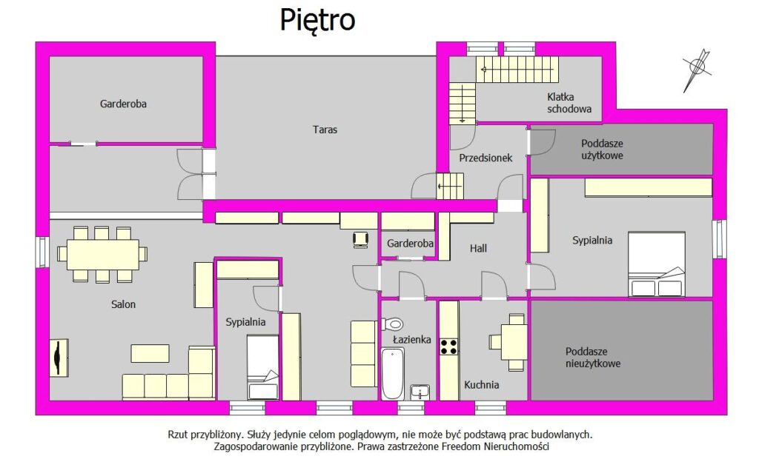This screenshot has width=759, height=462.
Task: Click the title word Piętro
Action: (x=317, y=21)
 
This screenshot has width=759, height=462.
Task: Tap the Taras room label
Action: (x=325, y=130)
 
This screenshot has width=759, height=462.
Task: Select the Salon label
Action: (x=124, y=304)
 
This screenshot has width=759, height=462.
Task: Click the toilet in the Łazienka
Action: (x=392, y=324)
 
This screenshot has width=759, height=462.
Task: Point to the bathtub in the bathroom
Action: (x=393, y=373)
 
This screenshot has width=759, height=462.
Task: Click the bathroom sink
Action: (x=420, y=392)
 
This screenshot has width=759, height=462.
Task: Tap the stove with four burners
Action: (x=448, y=347)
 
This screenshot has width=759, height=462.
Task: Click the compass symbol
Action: (x=697, y=70)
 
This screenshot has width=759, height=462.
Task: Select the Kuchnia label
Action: (x=482, y=385)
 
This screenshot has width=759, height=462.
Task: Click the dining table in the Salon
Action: (x=102, y=255)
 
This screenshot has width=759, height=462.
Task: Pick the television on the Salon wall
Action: (x=59, y=358)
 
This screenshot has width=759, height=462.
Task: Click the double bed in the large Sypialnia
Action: (x=657, y=264)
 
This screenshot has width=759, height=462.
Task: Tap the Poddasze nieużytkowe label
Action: (x=593, y=358)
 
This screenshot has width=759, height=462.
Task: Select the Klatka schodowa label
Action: (x=569, y=103)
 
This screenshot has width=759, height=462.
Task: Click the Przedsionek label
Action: (x=485, y=158)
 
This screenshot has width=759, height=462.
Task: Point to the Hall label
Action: (x=478, y=248)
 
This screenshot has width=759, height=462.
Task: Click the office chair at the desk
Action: (x=361, y=240)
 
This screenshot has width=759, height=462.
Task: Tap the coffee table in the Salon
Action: (x=150, y=353)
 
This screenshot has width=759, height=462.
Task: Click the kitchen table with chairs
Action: (x=508, y=342)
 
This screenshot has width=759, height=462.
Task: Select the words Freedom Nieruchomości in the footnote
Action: (x=495, y=446)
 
